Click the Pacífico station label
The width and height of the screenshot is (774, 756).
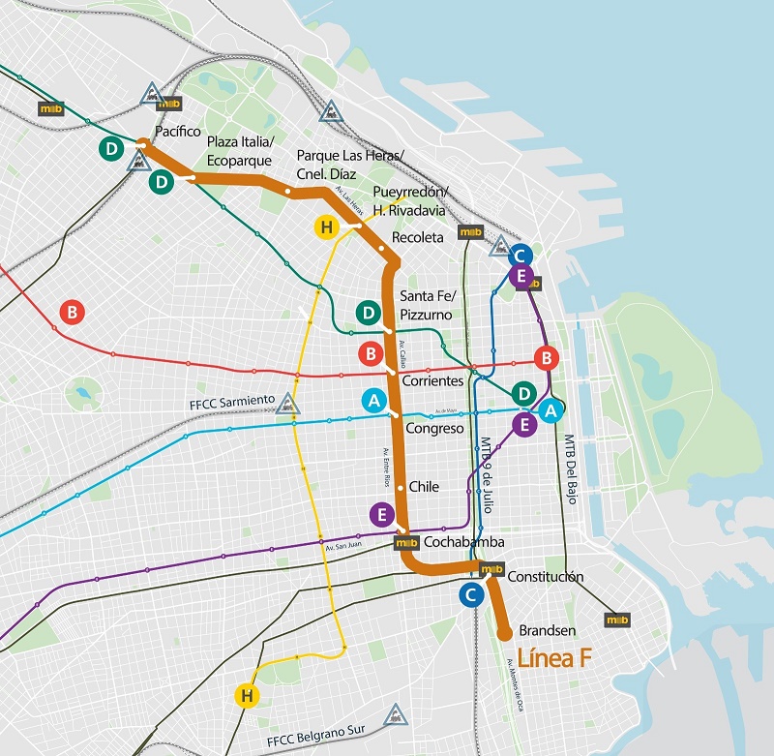[178, 131]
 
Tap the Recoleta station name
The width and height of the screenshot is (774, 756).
[417, 237]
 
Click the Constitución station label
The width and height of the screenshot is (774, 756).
[545, 576]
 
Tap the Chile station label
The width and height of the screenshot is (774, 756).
[424, 487]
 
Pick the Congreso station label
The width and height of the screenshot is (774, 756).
[435, 428]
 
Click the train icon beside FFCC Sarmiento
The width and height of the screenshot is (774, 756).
[286, 403]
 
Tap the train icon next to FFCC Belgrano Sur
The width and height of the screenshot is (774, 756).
[394, 715]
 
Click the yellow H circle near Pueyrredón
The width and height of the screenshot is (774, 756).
[326, 227]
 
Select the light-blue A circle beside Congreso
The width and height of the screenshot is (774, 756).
[372, 399]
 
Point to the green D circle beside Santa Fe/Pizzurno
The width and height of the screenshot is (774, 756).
[368, 313]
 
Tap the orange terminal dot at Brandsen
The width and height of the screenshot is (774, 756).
[504, 634]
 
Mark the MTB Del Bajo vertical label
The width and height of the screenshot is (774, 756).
[570, 469]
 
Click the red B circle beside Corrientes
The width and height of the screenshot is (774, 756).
[372, 353]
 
